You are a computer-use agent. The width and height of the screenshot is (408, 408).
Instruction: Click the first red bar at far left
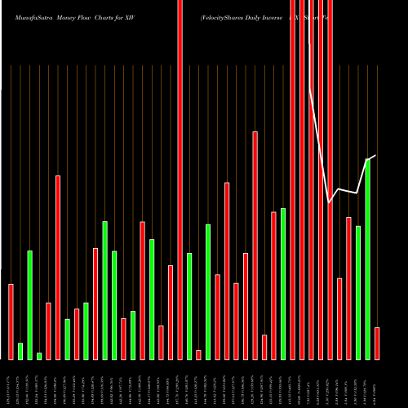click(x=11, y=322)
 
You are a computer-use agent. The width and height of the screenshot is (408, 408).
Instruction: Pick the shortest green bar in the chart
click(x=39, y=356)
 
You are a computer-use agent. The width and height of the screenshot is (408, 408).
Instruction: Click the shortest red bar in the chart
click(x=198, y=354)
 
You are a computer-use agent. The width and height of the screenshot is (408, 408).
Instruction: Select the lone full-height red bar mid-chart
click(x=180, y=180)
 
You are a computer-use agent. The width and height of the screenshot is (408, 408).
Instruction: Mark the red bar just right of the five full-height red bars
click(x=339, y=318)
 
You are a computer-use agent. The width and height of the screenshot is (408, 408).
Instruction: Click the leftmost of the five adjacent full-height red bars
click(x=293, y=180)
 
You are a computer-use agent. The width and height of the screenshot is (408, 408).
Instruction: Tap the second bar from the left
click(x=20, y=351)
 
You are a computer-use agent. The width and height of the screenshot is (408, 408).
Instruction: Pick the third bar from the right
click(x=358, y=292)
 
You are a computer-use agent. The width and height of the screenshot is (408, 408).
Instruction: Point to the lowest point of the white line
click(x=329, y=202)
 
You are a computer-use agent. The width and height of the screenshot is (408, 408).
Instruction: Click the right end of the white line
click(x=376, y=155)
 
